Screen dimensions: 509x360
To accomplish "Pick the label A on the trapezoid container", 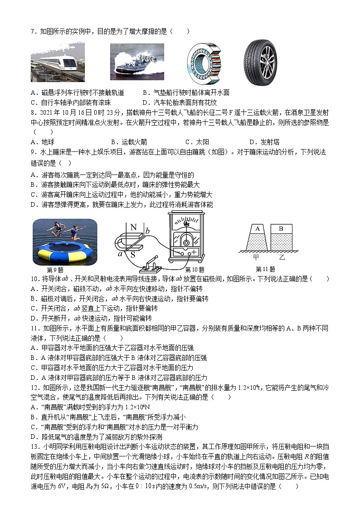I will (258, 229).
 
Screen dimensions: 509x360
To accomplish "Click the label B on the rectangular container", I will (281, 229).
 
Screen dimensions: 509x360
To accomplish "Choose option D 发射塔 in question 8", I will (260, 141).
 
